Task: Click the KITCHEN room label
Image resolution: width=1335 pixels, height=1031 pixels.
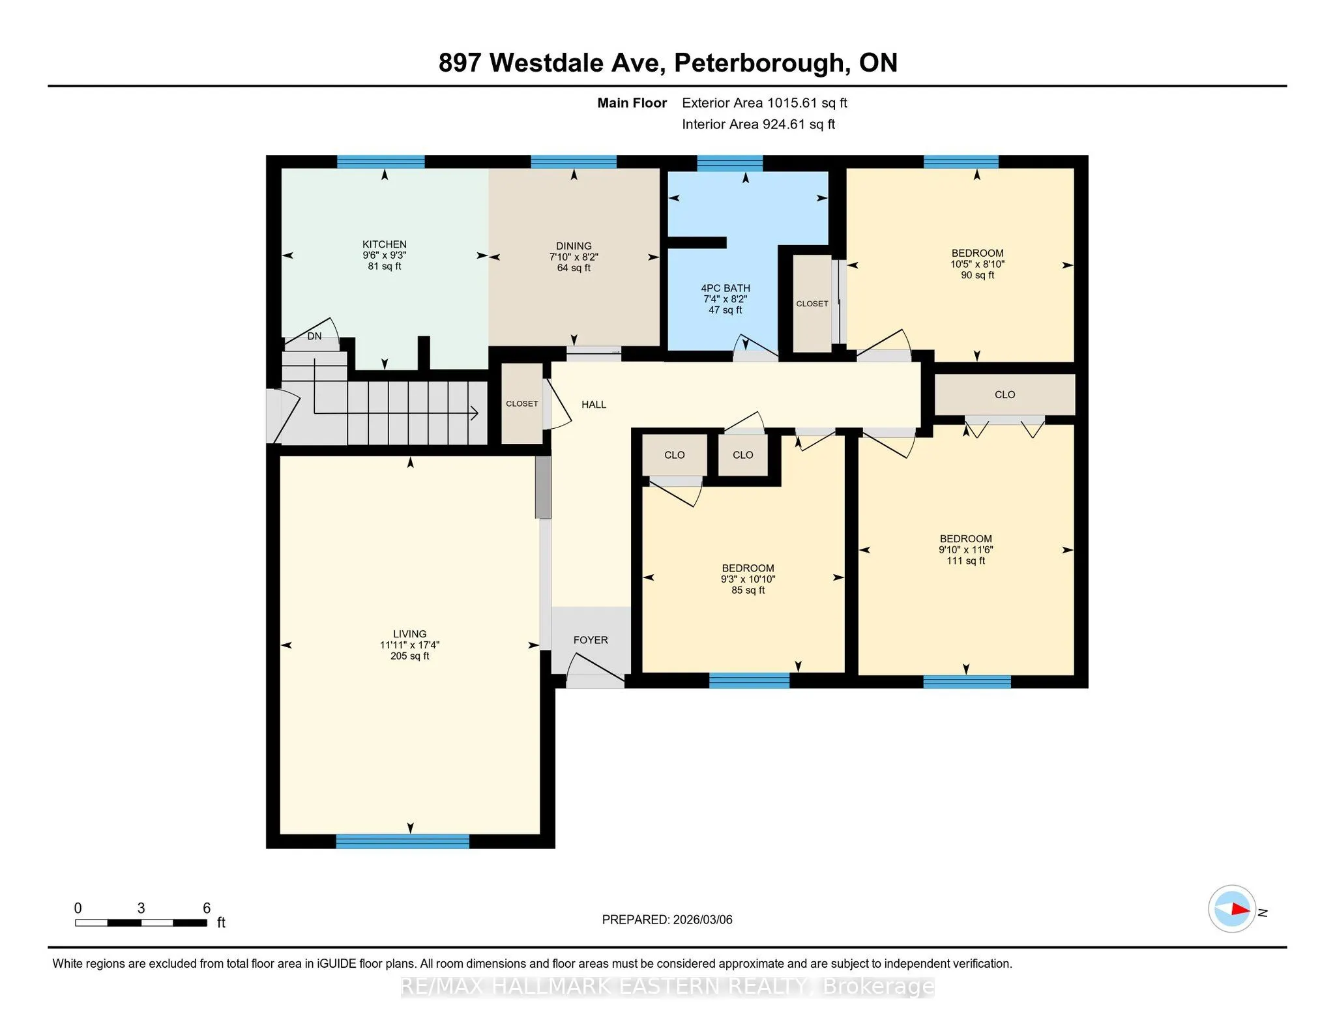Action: pyautogui.click(x=385, y=244)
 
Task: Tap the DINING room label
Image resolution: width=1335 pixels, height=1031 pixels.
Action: pyautogui.click(x=574, y=246)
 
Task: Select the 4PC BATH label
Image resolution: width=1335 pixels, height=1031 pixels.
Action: pyautogui.click(x=726, y=288)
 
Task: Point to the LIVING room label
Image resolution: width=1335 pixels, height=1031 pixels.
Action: pyautogui.click(x=410, y=634)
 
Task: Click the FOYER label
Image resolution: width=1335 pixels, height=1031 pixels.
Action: pyautogui.click(x=591, y=640)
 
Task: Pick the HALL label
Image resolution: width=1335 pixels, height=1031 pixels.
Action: pyautogui.click(x=594, y=405)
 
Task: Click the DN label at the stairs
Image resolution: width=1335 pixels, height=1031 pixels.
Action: pyautogui.click(x=314, y=336)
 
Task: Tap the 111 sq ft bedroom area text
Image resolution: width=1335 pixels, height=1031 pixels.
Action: pyautogui.click(x=966, y=560)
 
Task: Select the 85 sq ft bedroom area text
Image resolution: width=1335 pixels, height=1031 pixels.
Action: pyautogui.click(x=748, y=590)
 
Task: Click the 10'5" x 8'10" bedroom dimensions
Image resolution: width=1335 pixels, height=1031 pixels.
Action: pyautogui.click(x=977, y=264)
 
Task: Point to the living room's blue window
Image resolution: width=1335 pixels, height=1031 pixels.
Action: pyautogui.click(x=403, y=841)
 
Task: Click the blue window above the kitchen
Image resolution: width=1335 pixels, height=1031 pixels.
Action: pyautogui.click(x=381, y=162)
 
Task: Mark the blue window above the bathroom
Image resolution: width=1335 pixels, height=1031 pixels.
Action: pyautogui.click(x=730, y=163)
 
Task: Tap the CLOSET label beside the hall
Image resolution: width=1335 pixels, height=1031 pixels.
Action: pyautogui.click(x=522, y=404)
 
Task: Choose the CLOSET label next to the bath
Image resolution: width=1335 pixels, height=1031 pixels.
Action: pyautogui.click(x=812, y=304)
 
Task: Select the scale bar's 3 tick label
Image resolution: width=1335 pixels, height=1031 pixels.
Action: pyautogui.click(x=141, y=908)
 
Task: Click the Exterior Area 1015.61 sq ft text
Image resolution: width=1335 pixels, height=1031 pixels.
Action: pyautogui.click(x=765, y=103)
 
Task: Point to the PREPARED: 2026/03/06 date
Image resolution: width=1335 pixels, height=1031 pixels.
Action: pyautogui.click(x=667, y=920)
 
